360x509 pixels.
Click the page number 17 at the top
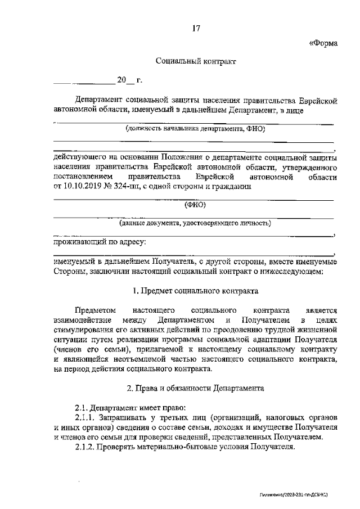click(196, 29)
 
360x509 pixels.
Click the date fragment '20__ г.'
click(129, 80)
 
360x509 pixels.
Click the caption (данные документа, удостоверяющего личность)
click(195, 223)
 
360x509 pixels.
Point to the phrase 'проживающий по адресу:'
click(100, 242)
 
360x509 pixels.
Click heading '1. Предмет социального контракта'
click(195, 291)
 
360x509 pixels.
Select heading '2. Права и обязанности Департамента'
click(195, 388)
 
